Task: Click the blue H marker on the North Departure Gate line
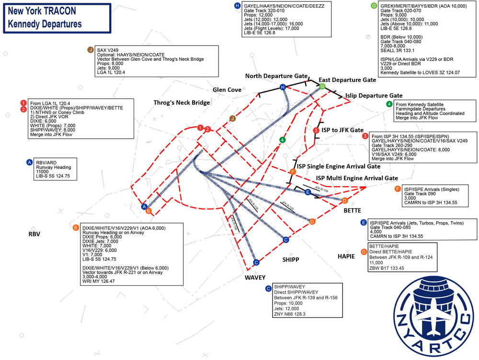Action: coord(283,87)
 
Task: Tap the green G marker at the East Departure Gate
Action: coord(322,87)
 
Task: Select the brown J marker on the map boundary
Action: coord(233,118)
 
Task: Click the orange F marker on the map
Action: coord(293,171)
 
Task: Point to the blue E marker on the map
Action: coord(308,192)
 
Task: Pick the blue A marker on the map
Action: coord(144,207)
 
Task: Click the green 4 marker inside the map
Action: coord(283,140)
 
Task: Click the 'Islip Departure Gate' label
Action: coord(374,96)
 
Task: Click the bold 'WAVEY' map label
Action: coord(255,277)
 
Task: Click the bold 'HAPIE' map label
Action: coord(346,257)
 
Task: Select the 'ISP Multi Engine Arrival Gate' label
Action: coord(356,178)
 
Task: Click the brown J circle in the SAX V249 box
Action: coord(90,50)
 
